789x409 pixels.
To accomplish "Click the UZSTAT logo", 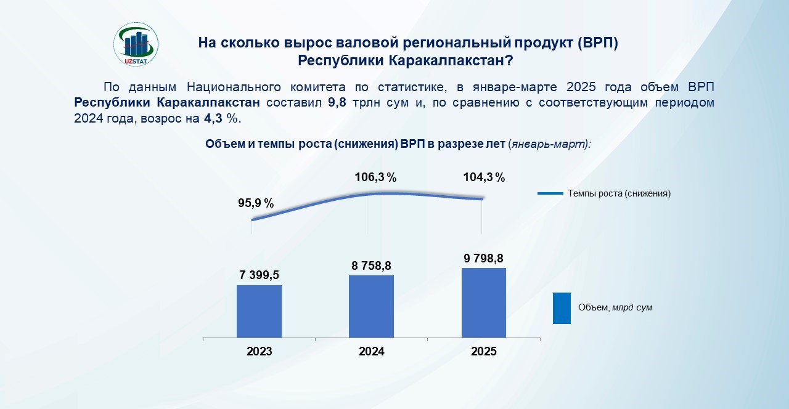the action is [x=136, y=44].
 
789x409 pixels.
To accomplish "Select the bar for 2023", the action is [x=260, y=312].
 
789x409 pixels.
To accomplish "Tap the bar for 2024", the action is [x=371, y=307].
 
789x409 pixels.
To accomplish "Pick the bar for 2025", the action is [x=484, y=303].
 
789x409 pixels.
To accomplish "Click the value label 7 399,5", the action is [x=260, y=275].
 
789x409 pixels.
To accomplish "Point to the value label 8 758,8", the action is [x=371, y=265].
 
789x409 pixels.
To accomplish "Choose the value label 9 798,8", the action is [x=484, y=258].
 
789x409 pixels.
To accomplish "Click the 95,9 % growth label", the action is [x=256, y=203].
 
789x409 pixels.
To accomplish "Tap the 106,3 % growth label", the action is [x=375, y=177].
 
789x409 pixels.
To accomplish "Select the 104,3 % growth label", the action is [x=484, y=177].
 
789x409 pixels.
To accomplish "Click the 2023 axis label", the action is [x=260, y=351].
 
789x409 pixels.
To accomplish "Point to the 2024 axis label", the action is [x=371, y=351].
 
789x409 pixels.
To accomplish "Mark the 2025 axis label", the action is [x=484, y=351].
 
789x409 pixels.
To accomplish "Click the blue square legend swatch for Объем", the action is [x=562, y=308].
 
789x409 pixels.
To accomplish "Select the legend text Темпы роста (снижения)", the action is [x=619, y=193].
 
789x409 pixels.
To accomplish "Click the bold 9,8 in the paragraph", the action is [x=337, y=103].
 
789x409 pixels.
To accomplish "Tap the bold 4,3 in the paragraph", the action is [x=213, y=119].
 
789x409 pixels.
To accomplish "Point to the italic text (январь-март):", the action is [x=549, y=144].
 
